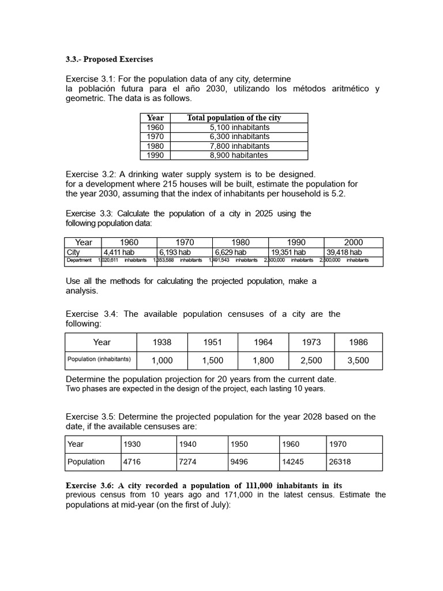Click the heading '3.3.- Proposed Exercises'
tap(109, 59)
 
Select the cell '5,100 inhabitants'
tap(239, 127)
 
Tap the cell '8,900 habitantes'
tap(239, 155)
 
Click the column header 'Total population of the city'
tap(234, 118)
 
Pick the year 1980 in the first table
tap(155, 146)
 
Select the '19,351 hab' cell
tap(288, 252)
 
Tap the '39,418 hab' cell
tap(344, 252)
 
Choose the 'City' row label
tap(73, 252)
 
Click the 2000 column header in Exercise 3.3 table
tap(353, 242)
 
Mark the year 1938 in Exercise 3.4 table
tap(162, 342)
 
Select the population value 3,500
tap(358, 361)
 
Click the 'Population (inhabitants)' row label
tap(99, 360)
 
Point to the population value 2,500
tap(311, 361)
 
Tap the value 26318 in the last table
tap(340, 462)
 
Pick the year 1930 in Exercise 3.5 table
tap(132, 444)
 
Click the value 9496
tap(239, 462)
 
